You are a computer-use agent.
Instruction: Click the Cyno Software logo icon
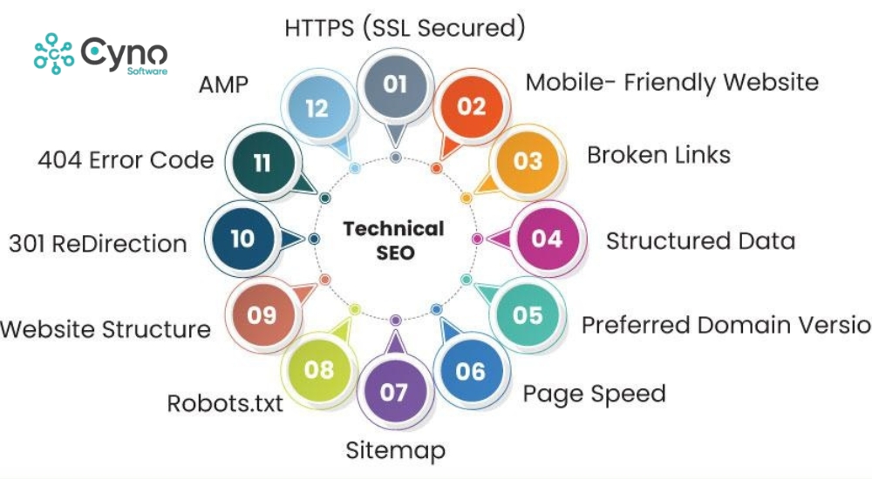click(x=54, y=54)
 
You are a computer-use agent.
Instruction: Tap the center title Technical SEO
click(x=393, y=241)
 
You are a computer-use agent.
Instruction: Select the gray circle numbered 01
click(x=395, y=84)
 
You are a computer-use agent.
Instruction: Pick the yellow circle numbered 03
click(x=528, y=161)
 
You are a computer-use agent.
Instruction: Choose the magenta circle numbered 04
click(x=547, y=238)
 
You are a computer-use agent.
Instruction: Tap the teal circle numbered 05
click(x=528, y=314)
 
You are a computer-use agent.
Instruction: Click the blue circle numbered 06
click(x=470, y=371)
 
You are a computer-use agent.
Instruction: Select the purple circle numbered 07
click(x=394, y=392)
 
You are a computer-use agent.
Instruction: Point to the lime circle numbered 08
click(x=319, y=369)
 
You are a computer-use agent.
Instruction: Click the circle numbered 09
click(x=262, y=314)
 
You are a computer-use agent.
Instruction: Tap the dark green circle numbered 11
click(x=262, y=162)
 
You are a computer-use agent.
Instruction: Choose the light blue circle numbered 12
click(x=317, y=108)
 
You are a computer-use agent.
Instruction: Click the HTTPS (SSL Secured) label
click(x=405, y=28)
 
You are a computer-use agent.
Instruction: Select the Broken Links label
click(x=658, y=155)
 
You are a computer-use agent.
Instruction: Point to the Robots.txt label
click(x=225, y=404)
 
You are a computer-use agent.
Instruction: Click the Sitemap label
click(x=395, y=450)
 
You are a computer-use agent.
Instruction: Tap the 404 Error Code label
click(x=126, y=160)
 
